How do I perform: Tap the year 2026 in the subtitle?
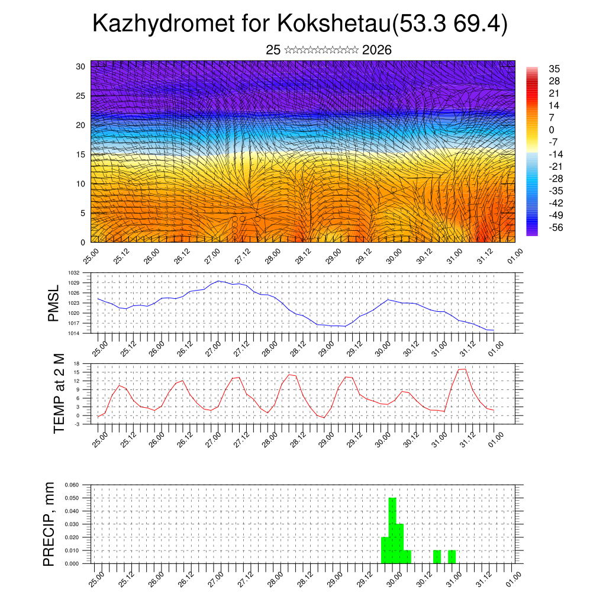pos(376,50)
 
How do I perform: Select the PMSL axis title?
pos(54,303)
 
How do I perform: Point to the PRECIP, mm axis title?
pos(49,524)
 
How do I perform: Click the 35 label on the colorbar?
pos(555,69)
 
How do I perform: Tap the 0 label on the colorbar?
pos(552,130)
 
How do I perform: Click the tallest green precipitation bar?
pos(392,530)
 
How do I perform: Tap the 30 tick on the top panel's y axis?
pos(80,66)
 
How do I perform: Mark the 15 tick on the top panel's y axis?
pos(80,154)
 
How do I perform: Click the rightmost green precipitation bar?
pos(452,557)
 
